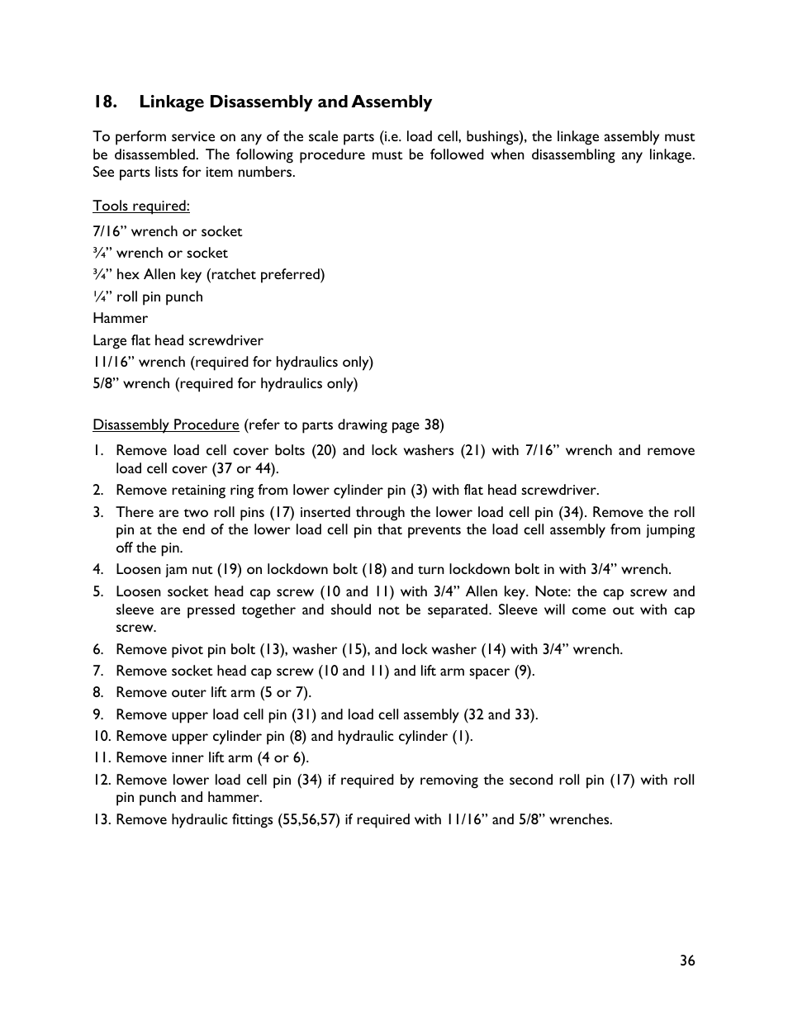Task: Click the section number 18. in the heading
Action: (104, 102)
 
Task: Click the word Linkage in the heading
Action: (171, 102)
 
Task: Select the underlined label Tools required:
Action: (140, 206)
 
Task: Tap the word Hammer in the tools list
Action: (120, 318)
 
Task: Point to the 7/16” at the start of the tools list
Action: (109, 231)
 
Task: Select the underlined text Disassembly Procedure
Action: (165, 425)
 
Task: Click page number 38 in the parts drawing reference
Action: (432, 425)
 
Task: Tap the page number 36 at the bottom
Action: (687, 960)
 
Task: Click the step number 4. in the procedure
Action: (98, 569)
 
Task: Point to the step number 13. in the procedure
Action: (102, 819)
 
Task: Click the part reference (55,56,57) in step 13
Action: (309, 819)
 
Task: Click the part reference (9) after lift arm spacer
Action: (523, 671)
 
